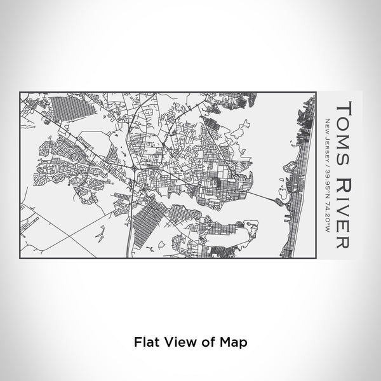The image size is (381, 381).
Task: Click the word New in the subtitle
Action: [327, 125]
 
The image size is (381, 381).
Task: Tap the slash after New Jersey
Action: [327, 165]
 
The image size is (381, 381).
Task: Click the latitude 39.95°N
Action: [327, 180]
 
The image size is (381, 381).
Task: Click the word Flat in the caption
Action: [147, 340]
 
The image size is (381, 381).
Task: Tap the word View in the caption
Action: [180, 340]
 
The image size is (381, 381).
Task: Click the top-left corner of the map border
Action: [20, 93]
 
